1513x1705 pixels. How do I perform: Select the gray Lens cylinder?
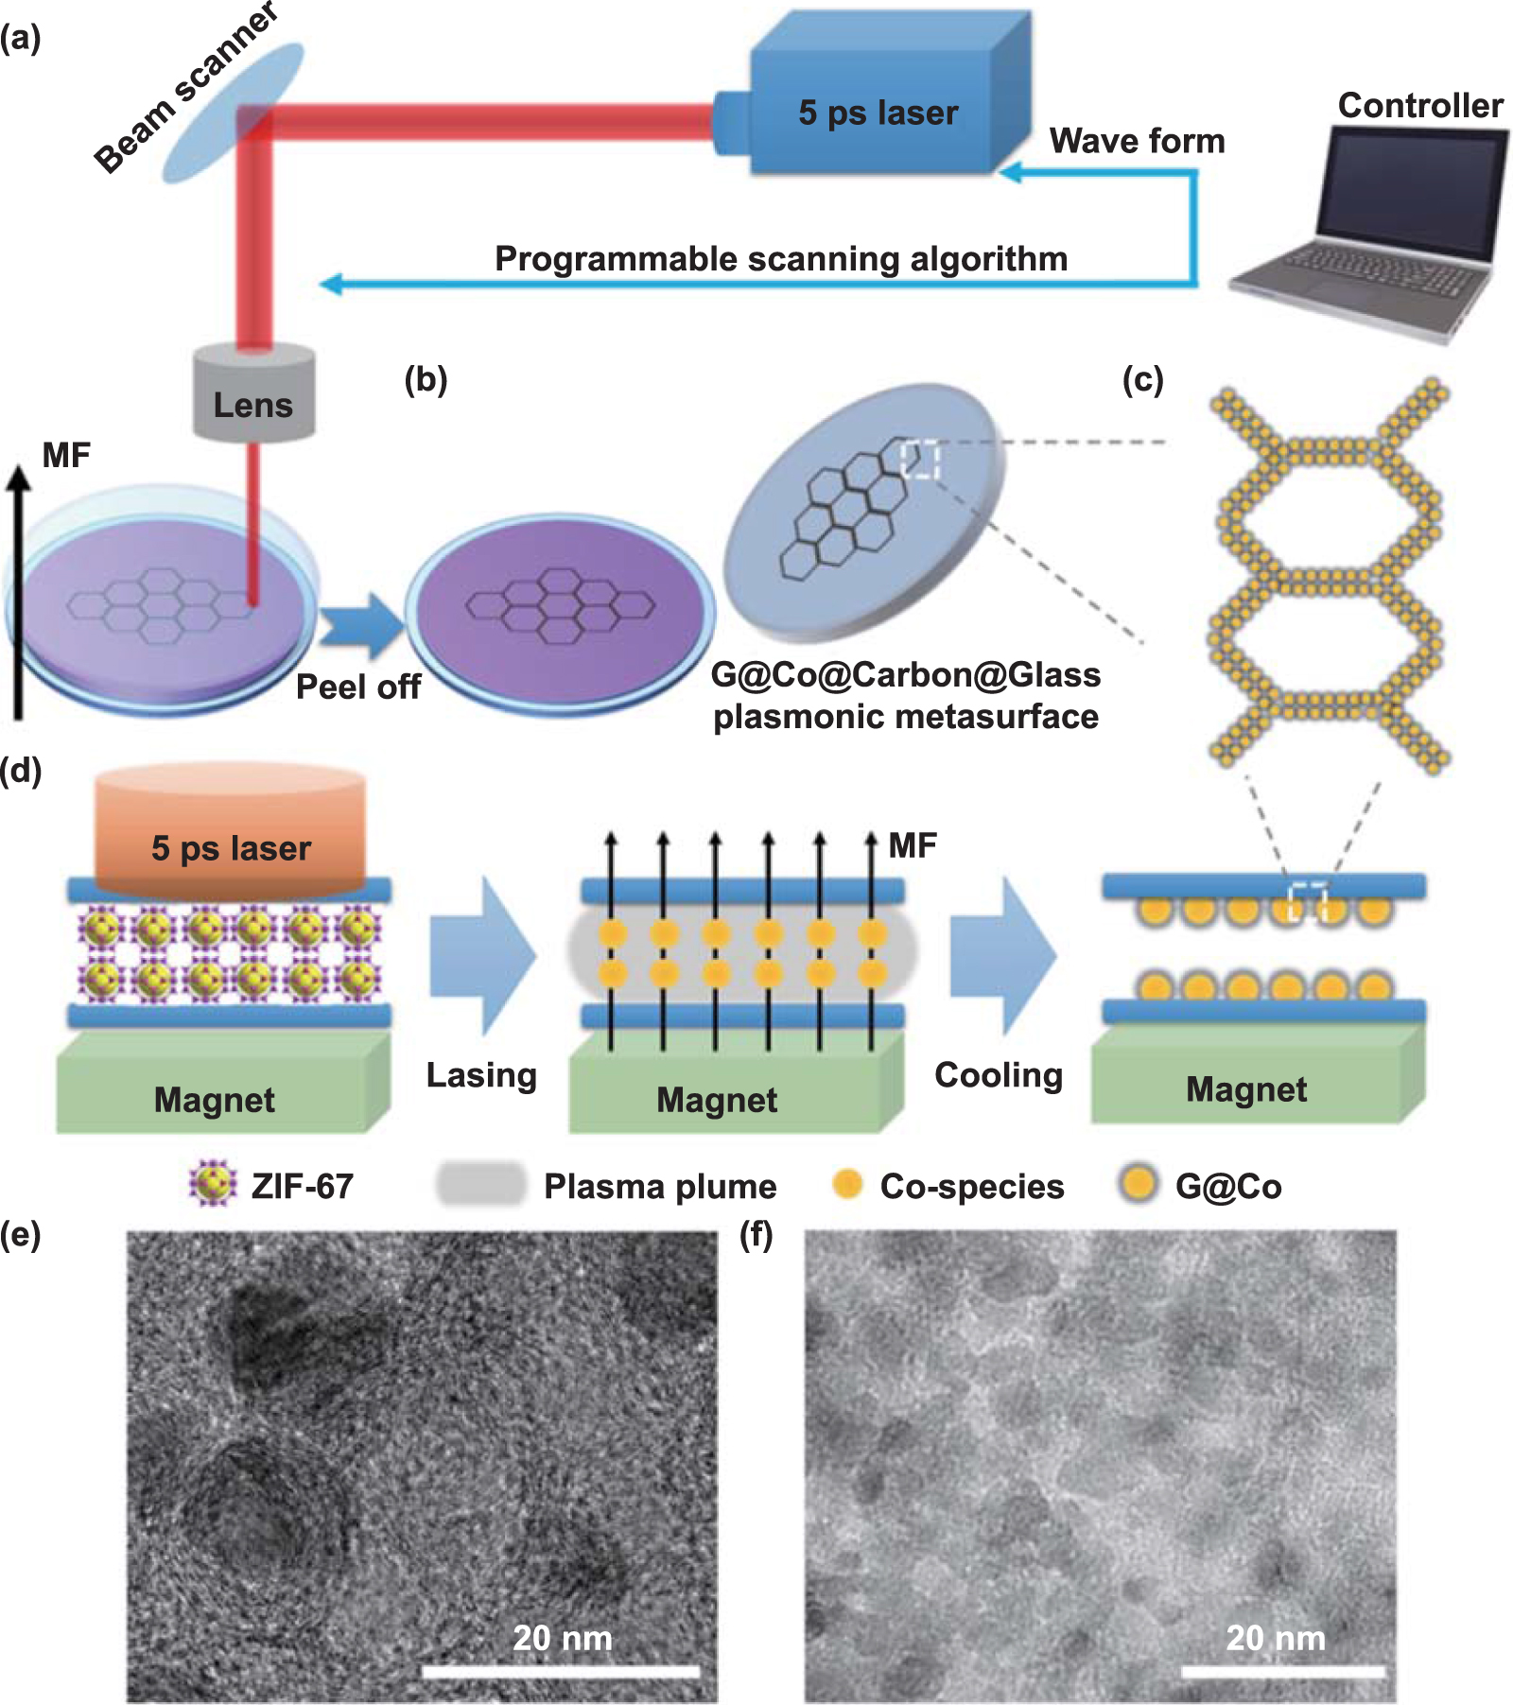click(253, 393)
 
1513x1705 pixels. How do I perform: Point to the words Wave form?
click(1137, 141)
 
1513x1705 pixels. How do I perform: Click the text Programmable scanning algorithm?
click(781, 258)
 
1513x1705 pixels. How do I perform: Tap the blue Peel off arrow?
click(361, 625)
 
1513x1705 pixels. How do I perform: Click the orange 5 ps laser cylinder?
click(231, 832)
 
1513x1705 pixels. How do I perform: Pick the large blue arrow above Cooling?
click(1002, 955)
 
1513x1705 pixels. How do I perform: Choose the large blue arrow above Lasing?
click(482, 955)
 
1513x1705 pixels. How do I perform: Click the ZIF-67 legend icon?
click(212, 1185)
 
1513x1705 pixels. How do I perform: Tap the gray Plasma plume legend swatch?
click(480, 1184)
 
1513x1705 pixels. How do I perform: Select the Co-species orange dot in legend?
click(847, 1184)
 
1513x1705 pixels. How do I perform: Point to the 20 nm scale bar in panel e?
click(560, 1672)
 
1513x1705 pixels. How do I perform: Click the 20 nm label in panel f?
click(1276, 1638)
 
